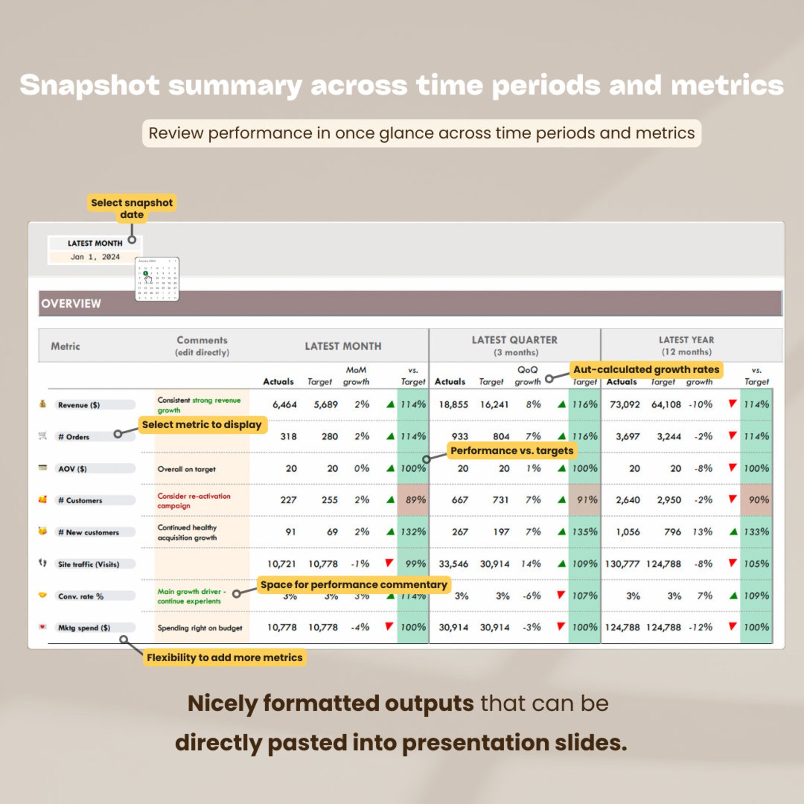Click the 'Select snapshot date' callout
click(x=132, y=209)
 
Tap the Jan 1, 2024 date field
click(x=95, y=257)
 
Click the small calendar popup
click(x=157, y=279)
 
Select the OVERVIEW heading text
click(x=71, y=304)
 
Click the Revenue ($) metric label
click(x=79, y=405)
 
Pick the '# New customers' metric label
click(x=89, y=533)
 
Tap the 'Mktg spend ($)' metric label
click(x=84, y=628)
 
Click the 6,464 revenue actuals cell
click(x=285, y=405)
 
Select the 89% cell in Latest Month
click(x=415, y=500)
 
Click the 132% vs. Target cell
click(x=413, y=532)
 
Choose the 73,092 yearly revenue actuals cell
click(x=625, y=405)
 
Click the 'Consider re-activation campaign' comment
click(x=193, y=501)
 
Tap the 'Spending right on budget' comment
click(x=200, y=628)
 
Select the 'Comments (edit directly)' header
click(x=202, y=346)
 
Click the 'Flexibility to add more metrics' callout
click(x=224, y=658)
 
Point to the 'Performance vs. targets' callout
click(x=512, y=451)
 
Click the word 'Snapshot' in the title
click(x=90, y=85)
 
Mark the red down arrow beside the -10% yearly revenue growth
click(x=732, y=404)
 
